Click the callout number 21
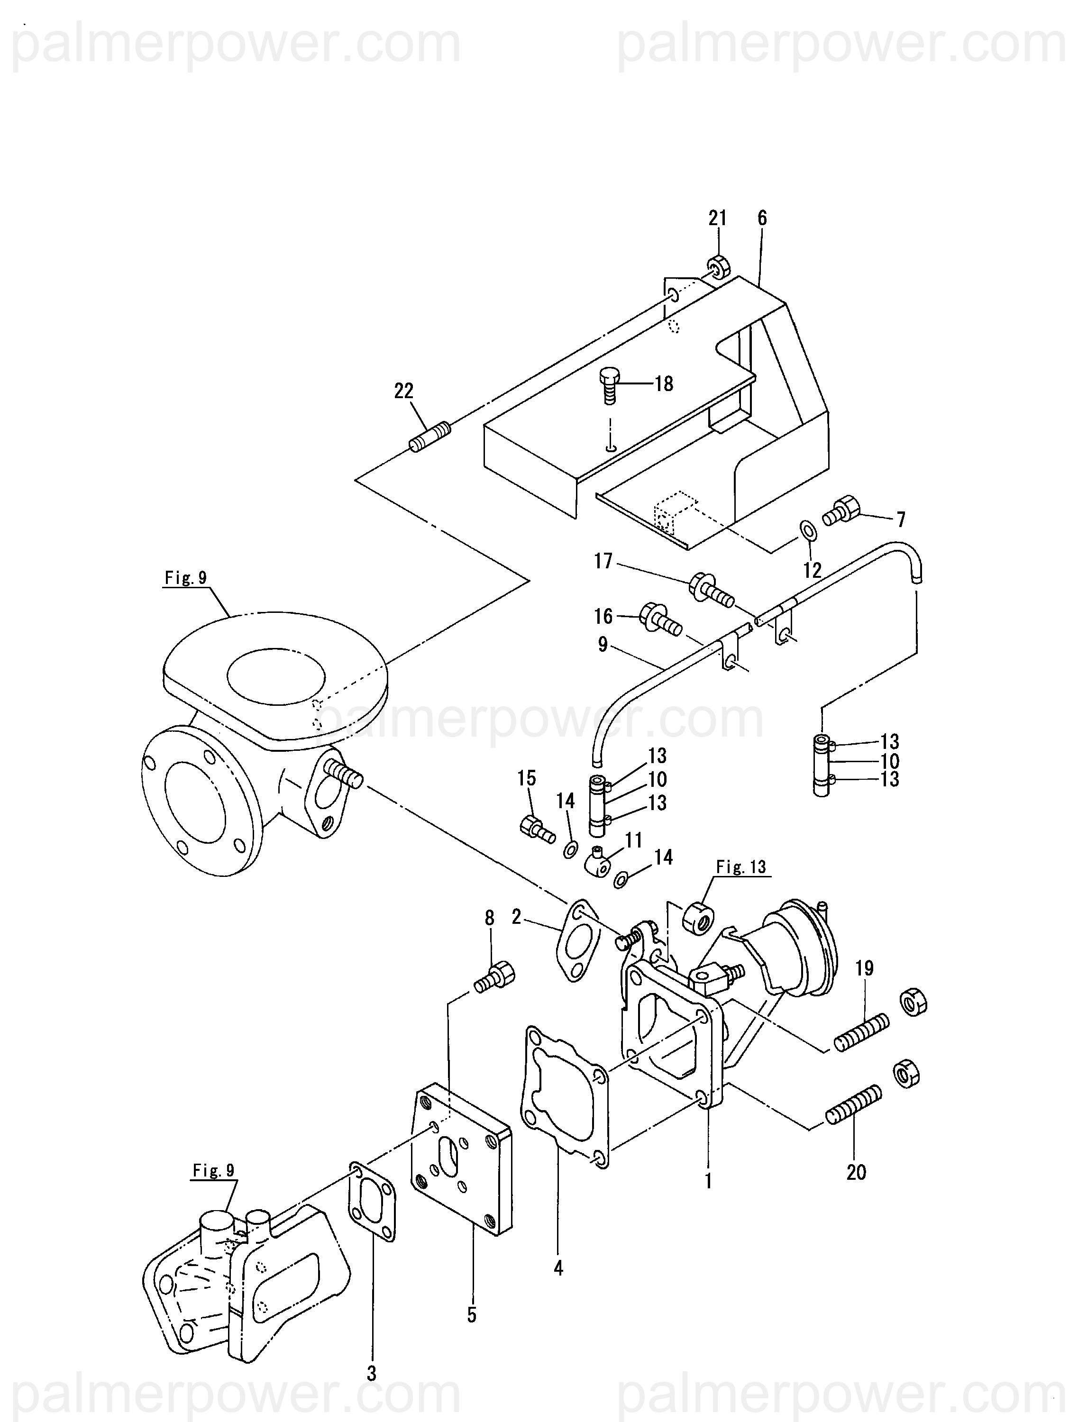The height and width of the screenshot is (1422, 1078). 717,219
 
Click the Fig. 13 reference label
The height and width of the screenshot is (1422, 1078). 741,867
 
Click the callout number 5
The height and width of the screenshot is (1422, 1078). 472,1315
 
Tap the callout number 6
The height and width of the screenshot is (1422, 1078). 762,218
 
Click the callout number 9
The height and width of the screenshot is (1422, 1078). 603,645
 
